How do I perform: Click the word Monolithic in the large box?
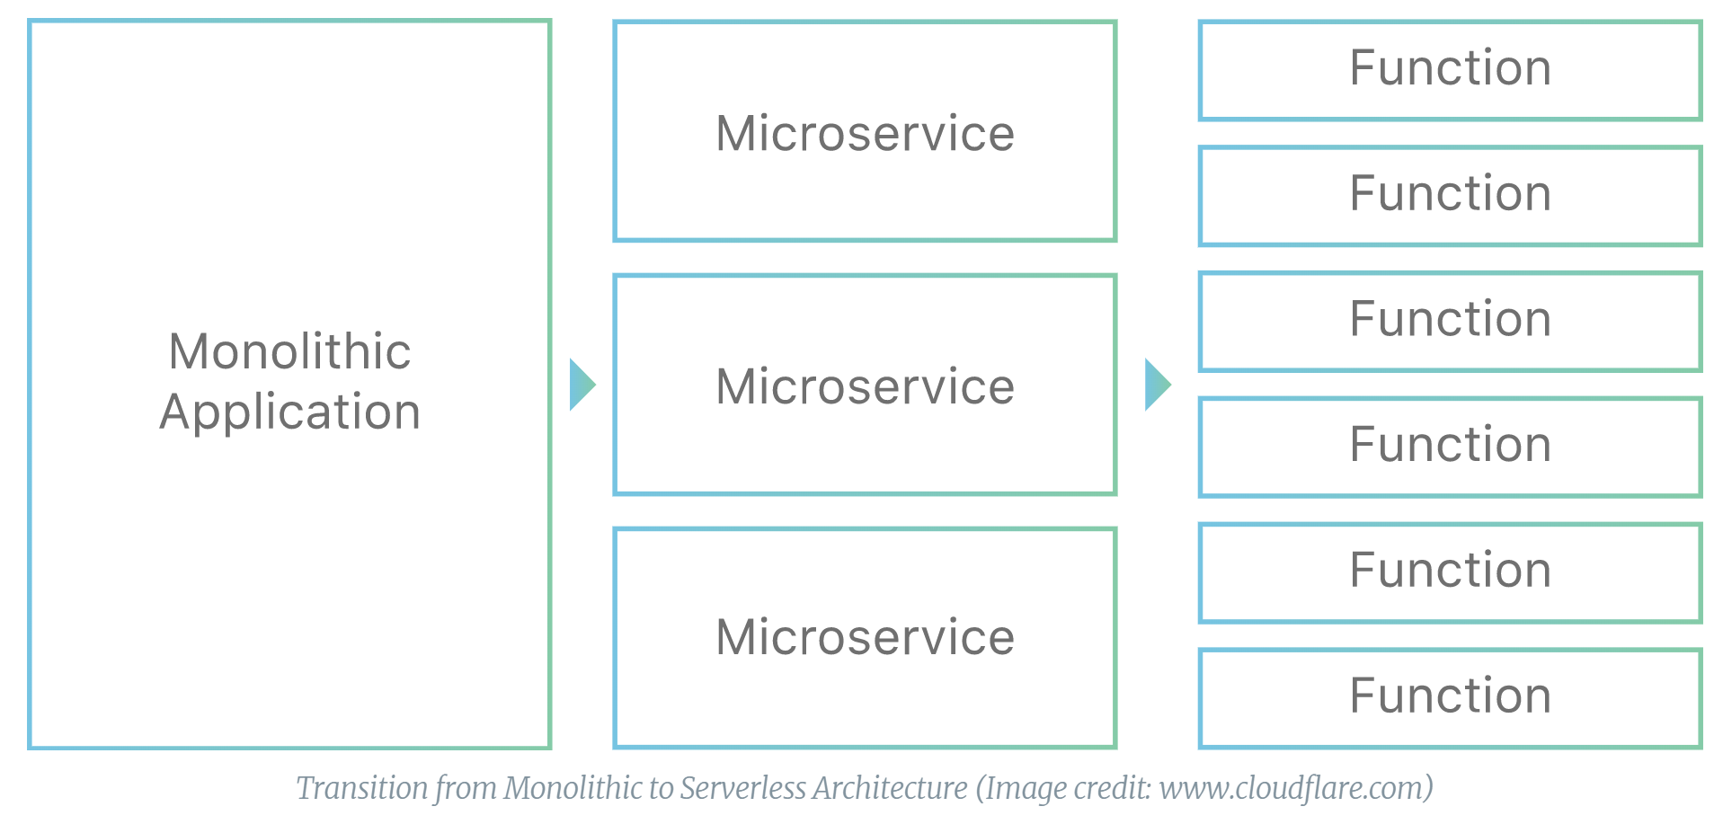pyautogui.click(x=289, y=350)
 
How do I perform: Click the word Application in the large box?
pyautogui.click(x=289, y=412)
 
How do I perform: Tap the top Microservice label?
pyautogui.click(x=865, y=133)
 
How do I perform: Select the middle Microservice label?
pyautogui.click(x=865, y=386)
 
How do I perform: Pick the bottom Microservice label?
pyautogui.click(x=865, y=637)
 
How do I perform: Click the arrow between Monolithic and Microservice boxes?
pyautogui.click(x=582, y=385)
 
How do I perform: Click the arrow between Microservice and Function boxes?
pyautogui.click(x=1157, y=385)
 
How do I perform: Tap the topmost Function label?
pyautogui.click(x=1450, y=67)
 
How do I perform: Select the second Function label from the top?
pyautogui.click(x=1450, y=193)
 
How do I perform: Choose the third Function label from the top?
pyautogui.click(x=1450, y=319)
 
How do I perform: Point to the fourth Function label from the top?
pyautogui.click(x=1450, y=444)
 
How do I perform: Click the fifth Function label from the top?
pyautogui.click(x=1450, y=570)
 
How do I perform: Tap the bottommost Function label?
pyautogui.click(x=1450, y=696)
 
